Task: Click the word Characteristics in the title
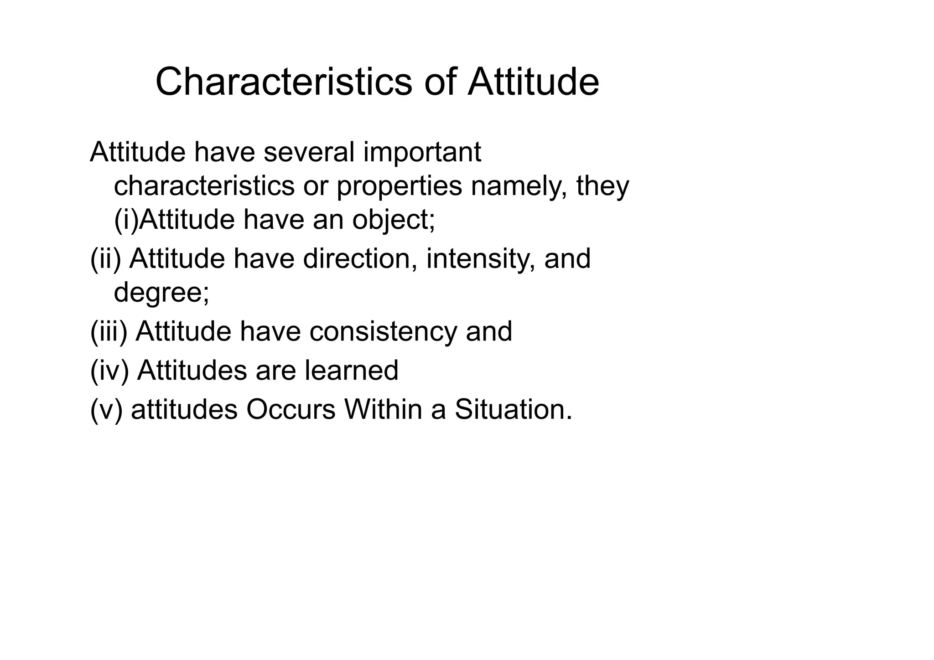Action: click(x=284, y=82)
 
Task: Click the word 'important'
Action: click(x=422, y=152)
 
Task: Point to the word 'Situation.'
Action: click(x=514, y=409)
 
